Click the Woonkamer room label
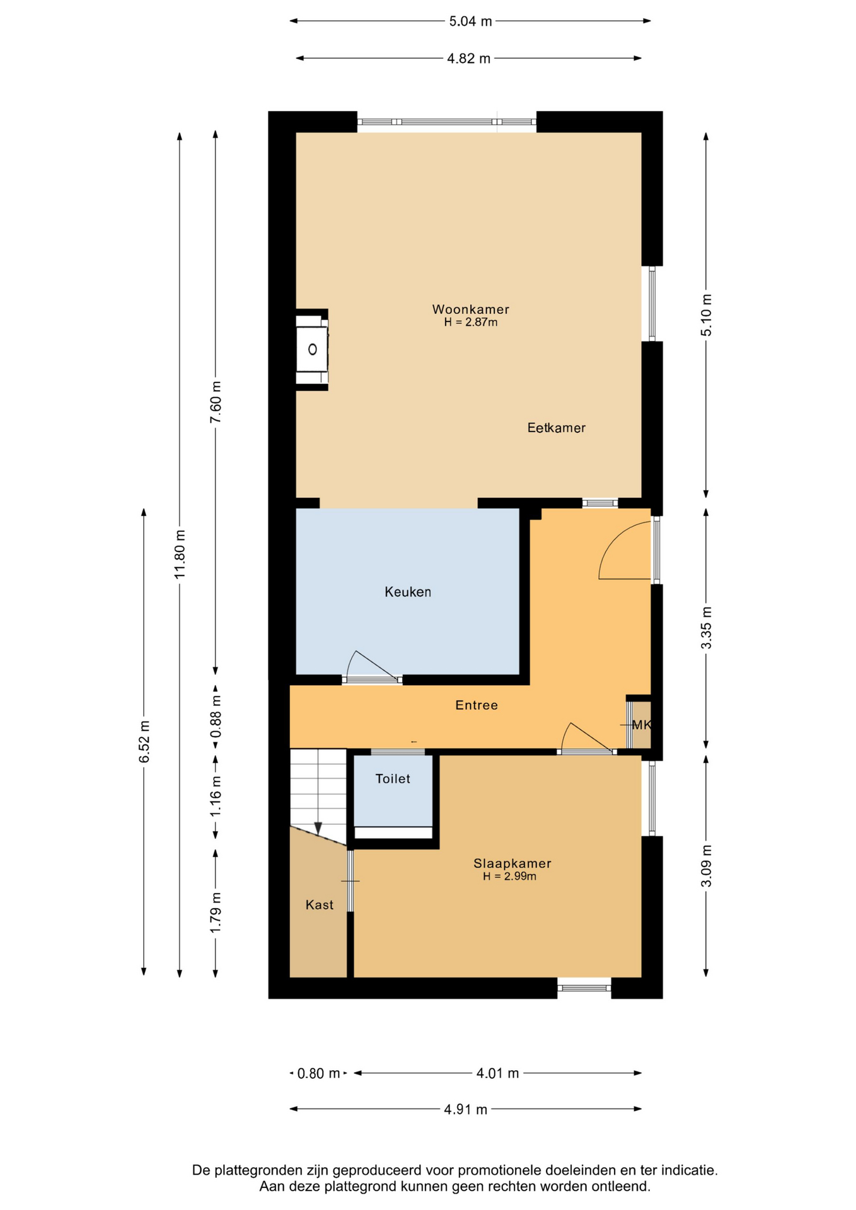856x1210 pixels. (x=470, y=309)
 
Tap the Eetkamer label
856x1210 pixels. (x=557, y=428)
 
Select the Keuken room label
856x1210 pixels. (x=408, y=592)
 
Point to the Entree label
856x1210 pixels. (x=477, y=705)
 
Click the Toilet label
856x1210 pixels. (x=393, y=779)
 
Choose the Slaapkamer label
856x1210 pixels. (x=512, y=863)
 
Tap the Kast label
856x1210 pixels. (x=320, y=905)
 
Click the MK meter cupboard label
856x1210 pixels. (x=641, y=725)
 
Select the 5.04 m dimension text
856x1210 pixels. (x=470, y=21)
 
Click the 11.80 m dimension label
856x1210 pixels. (x=180, y=554)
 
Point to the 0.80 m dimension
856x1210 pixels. (x=319, y=1073)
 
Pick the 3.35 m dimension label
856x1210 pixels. (x=707, y=628)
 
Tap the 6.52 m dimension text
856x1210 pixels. (x=144, y=741)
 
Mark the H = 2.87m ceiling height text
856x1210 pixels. (x=471, y=323)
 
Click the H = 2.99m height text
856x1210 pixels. (x=510, y=877)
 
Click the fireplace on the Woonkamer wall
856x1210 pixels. (x=312, y=350)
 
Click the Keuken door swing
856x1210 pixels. (x=372, y=665)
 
